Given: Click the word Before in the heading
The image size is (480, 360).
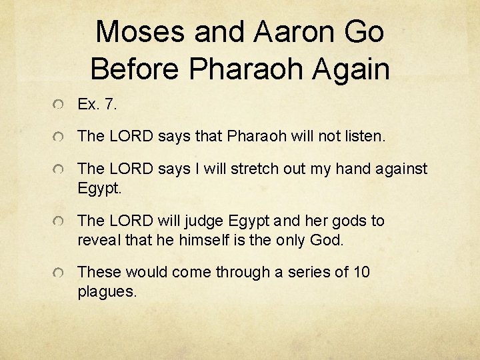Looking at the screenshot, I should [x=135, y=68].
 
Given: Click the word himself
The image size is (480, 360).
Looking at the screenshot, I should [x=203, y=239].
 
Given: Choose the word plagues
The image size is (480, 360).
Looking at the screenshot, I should [x=107, y=291].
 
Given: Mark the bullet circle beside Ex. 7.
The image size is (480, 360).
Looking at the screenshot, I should [x=60, y=105].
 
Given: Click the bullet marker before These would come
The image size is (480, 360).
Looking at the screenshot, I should [x=60, y=273].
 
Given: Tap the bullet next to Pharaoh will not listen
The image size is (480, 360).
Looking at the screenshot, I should [x=60, y=137].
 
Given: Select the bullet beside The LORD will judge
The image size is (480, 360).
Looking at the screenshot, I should [x=60, y=221].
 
